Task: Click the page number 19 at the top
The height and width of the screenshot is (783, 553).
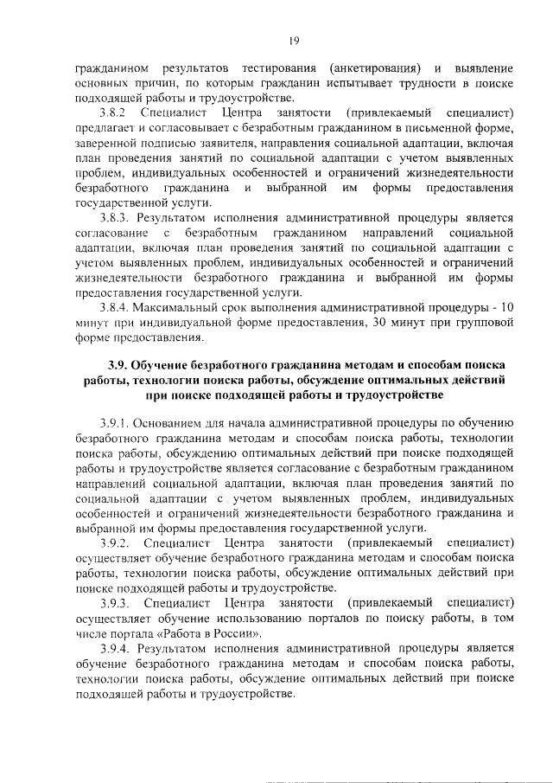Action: click(x=294, y=37)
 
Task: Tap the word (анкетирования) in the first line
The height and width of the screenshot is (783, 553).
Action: click(x=374, y=67)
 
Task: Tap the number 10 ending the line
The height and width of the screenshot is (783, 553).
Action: click(x=506, y=307)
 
